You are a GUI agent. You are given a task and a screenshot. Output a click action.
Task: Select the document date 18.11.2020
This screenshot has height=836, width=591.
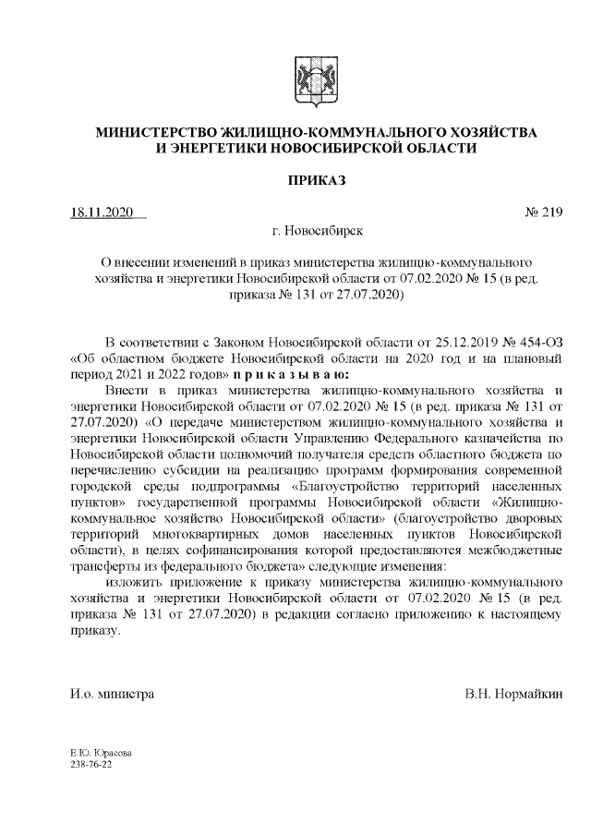point(103,213)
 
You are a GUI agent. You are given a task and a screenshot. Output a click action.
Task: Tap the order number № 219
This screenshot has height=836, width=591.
point(543,213)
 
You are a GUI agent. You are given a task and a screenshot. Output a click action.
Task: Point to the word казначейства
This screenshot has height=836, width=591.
point(503,438)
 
